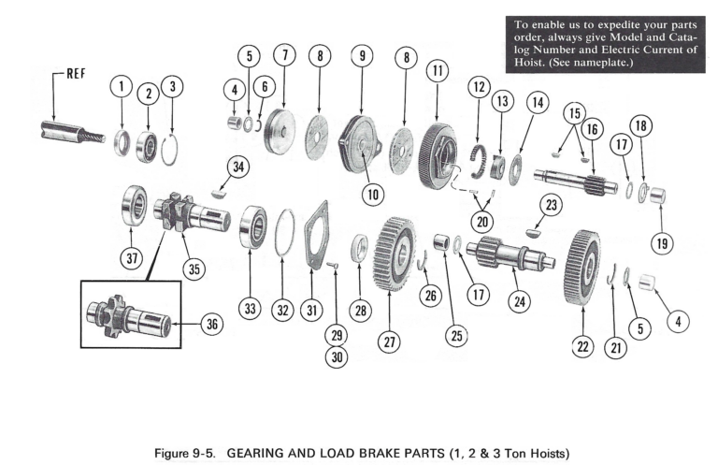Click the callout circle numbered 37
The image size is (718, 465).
coord(131,258)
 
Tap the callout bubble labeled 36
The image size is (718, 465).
coord(214,326)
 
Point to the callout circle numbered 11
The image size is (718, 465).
coord(436,71)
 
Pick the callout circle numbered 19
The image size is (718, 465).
coord(662,245)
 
